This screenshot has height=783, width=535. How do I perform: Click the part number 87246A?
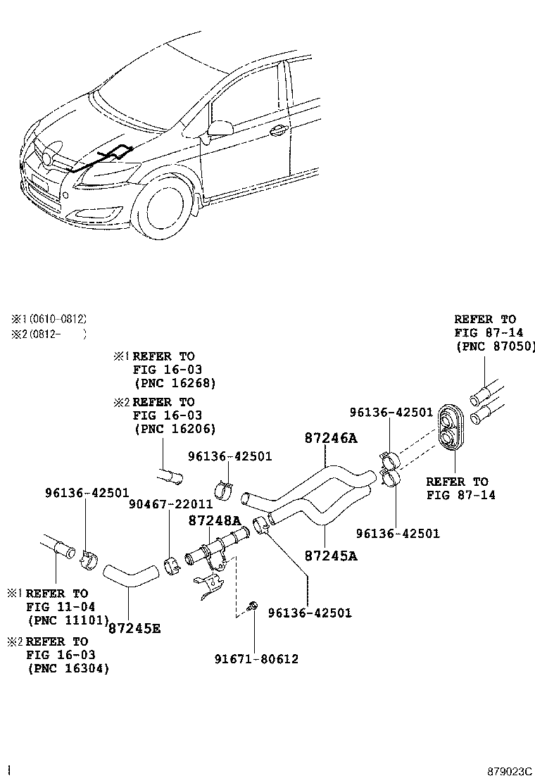(331, 438)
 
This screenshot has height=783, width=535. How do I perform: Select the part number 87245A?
(331, 556)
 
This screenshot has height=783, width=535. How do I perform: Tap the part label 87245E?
(134, 627)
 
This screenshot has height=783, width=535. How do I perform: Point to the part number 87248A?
(214, 520)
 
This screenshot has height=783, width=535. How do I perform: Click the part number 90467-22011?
(170, 503)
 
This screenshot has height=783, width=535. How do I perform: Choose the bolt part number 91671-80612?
(256, 659)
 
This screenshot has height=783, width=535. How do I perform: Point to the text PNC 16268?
(175, 383)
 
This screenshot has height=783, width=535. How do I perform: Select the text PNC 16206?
(175, 429)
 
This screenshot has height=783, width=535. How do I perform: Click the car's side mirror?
(220, 129)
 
